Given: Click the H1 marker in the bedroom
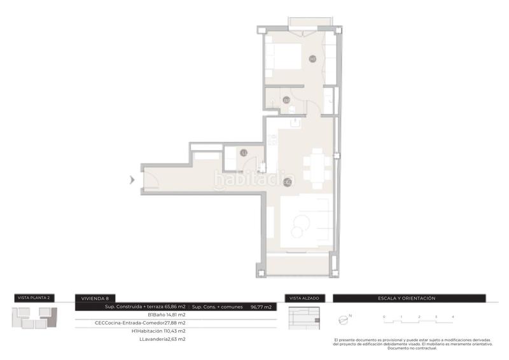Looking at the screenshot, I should [x=312, y=59].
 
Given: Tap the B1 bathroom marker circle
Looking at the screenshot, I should [x=287, y=100].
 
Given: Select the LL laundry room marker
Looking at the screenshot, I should [x=244, y=153].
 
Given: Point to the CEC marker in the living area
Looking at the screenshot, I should [x=287, y=183].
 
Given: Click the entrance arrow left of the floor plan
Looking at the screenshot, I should [x=132, y=180].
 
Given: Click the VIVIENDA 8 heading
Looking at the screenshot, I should [x=94, y=298].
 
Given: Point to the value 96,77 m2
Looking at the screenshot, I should [x=261, y=307].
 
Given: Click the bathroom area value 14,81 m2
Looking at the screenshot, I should [x=176, y=315].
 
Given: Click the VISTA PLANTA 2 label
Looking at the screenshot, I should [x=34, y=298].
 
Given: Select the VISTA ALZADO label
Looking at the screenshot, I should [x=304, y=298].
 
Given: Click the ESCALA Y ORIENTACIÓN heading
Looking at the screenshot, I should [x=407, y=298].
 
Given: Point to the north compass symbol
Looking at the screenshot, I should [x=345, y=319].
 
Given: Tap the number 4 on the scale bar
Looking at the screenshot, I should [x=452, y=316].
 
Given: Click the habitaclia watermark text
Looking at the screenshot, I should [x=254, y=181].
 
